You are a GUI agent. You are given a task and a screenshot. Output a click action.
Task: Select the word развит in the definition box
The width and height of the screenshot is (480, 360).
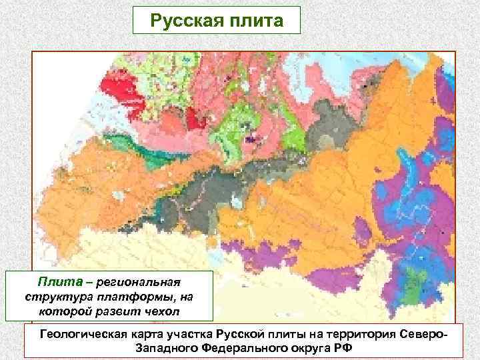pos(117,310)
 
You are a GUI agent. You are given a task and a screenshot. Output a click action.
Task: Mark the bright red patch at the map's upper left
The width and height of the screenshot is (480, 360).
pos(123,93)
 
